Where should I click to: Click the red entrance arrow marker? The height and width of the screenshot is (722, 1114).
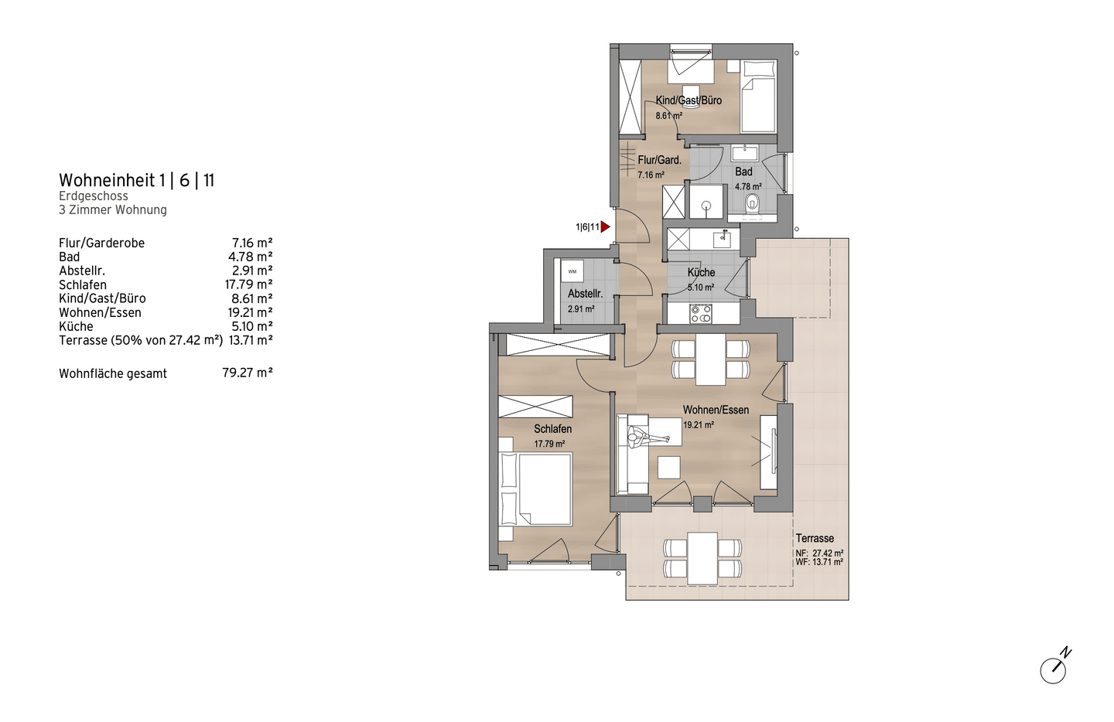605,227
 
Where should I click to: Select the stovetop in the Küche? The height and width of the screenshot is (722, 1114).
701,314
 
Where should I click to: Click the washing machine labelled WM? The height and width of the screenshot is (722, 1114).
572,271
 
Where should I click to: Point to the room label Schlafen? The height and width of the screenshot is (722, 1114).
552,429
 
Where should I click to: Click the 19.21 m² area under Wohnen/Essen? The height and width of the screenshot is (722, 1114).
699,425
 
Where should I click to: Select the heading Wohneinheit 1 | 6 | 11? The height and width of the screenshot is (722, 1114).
137,180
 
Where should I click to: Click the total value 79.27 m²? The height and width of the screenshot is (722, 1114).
248,373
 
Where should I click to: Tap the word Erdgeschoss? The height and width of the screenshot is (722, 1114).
94,196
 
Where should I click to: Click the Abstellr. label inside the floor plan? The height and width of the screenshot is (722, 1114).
585,294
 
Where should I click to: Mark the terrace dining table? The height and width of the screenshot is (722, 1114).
702,558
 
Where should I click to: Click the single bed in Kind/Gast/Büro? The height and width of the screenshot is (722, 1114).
758,97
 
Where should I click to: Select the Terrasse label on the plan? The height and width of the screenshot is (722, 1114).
815,538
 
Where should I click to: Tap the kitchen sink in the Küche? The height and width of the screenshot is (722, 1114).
722,239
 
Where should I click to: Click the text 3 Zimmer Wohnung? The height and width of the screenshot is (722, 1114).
113,209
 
